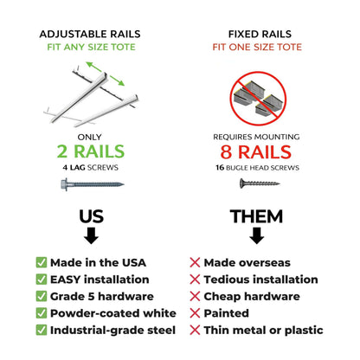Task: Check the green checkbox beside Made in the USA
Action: coord(42,262)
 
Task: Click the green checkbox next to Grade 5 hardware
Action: coord(42,296)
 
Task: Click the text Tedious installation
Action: coord(260,280)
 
